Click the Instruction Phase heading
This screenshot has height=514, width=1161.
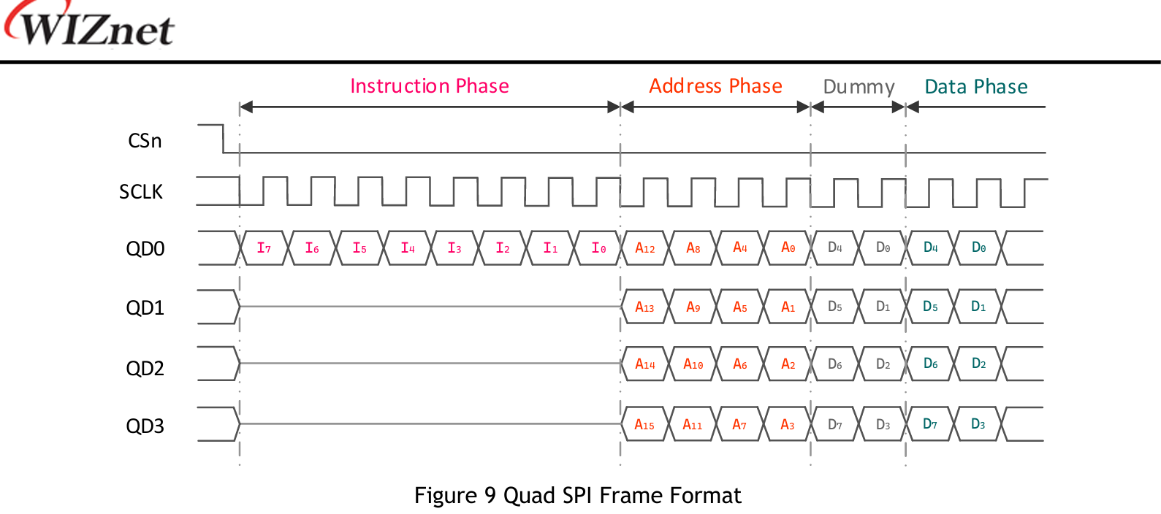pos(430,86)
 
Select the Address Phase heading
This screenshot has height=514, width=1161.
pos(715,86)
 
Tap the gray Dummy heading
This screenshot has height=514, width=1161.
pos(859,87)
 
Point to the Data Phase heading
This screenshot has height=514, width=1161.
pos(975,87)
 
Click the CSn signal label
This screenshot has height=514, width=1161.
pos(145,141)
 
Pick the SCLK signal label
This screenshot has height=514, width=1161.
pos(141,192)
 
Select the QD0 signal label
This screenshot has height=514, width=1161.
pos(145,249)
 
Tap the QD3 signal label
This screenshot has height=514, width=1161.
pos(145,426)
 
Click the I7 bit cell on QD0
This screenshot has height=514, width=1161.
pos(264,248)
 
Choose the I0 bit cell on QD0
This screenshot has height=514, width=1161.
pos(598,248)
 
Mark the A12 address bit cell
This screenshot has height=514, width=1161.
pos(644,248)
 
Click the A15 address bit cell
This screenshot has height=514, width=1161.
pos(644,425)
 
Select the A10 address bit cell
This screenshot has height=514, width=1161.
pos(693,364)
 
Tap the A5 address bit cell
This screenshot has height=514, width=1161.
pos(740,307)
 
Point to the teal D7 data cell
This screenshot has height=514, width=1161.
pos(930,424)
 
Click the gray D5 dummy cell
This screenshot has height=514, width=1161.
pos(835,307)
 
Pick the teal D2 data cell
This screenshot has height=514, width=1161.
pos(978,364)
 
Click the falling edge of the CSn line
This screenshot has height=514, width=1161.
pos(223,139)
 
